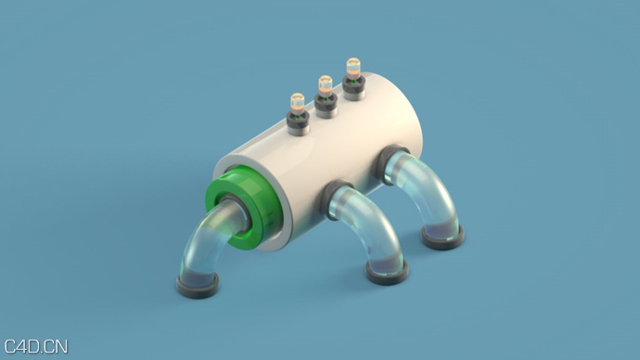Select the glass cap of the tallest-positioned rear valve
tap(353, 68)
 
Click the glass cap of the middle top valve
tap(326, 84)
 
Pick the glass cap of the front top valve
tap(297, 101)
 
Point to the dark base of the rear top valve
tap(353, 87)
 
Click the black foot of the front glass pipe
tap(198, 286)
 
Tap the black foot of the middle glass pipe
tap(386, 273)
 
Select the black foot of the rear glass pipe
tap(442, 238)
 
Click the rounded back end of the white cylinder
tap(413, 116)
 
